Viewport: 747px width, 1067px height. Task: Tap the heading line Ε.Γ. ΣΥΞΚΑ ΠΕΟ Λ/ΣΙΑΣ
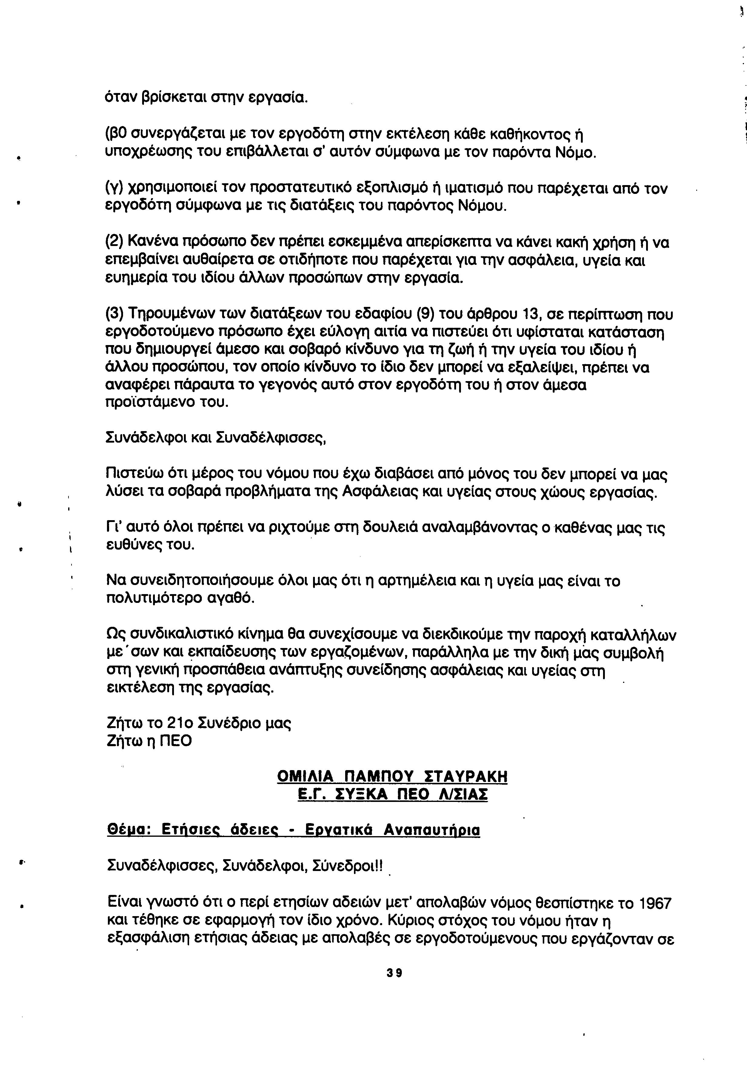[392, 794]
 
